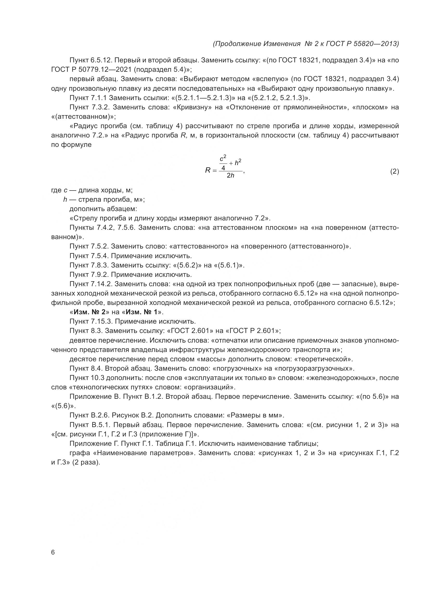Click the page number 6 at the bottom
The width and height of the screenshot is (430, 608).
pyautogui.click(x=53, y=552)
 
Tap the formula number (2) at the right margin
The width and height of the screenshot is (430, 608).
pyautogui.click(x=394, y=172)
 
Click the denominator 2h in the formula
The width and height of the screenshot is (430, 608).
pyautogui.click(x=230, y=175)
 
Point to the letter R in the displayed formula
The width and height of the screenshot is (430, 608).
pyautogui.click(x=207, y=171)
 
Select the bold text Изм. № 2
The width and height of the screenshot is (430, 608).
pyautogui.click(x=89, y=312)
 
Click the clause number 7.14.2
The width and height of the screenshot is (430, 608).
pyautogui.click(x=102, y=284)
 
